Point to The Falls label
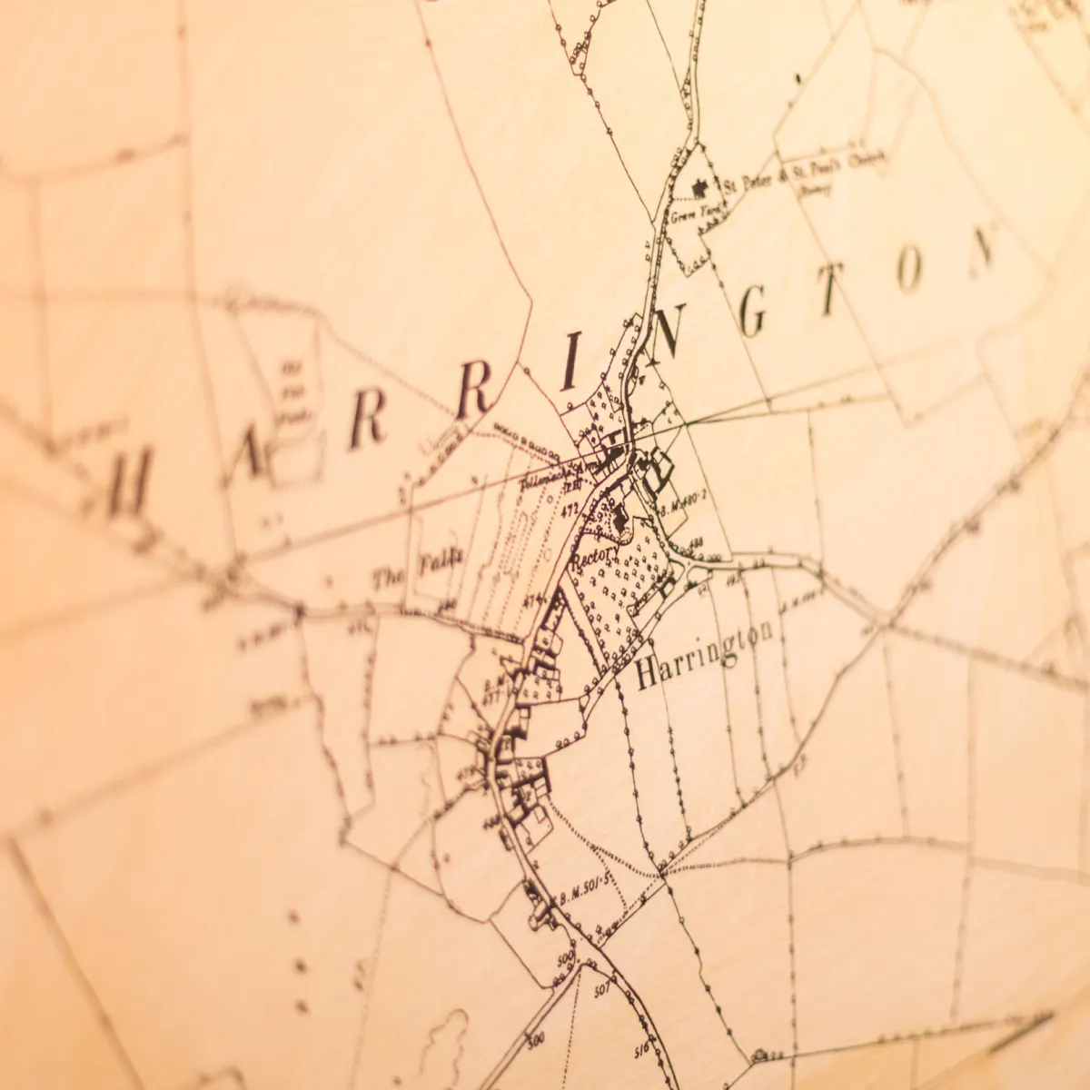417,570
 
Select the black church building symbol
700,188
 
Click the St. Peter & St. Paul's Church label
805,172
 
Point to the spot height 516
641,1048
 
